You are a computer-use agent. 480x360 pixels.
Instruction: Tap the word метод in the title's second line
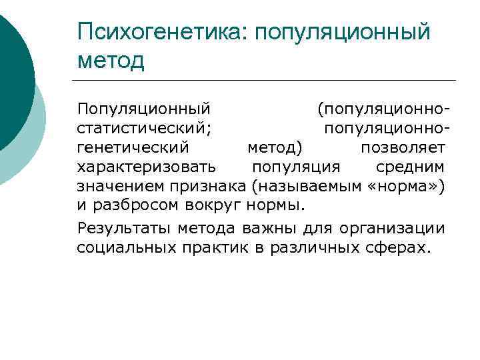tap(111, 61)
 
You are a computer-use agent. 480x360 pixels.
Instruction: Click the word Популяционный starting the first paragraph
tap(144, 107)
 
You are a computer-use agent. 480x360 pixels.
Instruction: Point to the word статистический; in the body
tap(145, 127)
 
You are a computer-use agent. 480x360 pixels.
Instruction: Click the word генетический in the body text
tap(133, 146)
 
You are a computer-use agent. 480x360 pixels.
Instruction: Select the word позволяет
tap(403, 146)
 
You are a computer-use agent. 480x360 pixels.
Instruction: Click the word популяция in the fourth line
tap(295, 165)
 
